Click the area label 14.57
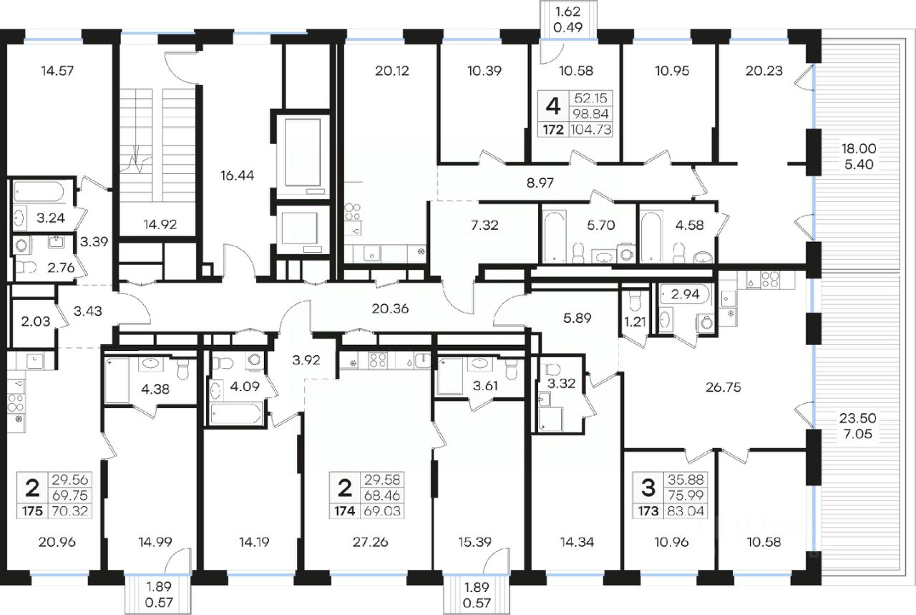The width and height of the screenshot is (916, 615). point(57,71)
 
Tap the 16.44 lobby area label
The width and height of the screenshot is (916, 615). point(237,175)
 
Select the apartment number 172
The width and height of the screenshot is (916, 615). point(553,130)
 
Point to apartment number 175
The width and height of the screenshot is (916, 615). point(32,511)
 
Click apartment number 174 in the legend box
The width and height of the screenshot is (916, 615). point(345,511)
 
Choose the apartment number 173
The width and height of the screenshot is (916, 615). point(648,511)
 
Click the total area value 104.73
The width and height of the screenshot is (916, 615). point(591,130)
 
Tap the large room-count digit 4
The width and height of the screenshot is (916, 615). point(553,107)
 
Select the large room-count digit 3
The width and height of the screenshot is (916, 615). point(648,488)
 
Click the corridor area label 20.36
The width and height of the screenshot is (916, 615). point(390,309)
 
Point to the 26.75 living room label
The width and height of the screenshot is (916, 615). point(723,387)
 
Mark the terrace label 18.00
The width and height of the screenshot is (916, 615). point(859,148)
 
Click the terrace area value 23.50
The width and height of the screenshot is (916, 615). point(858,418)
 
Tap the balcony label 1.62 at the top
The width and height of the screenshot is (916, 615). point(568,11)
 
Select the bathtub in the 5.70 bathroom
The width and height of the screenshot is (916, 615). point(555,236)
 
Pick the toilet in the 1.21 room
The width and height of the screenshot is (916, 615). point(635,301)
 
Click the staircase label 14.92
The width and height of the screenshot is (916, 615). point(160,224)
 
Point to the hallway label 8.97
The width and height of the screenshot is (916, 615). point(540,183)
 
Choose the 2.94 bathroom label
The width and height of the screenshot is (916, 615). point(686,294)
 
